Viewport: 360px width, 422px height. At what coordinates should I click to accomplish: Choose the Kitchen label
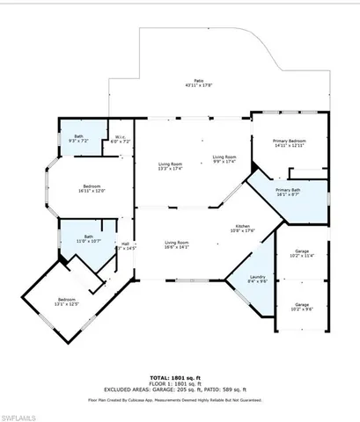coord(244,229)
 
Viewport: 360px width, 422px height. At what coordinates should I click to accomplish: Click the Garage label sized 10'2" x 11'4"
coord(302,255)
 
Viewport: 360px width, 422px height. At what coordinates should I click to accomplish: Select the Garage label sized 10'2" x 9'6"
coord(302,307)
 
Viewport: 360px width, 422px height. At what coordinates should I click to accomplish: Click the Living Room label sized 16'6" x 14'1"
coord(178,245)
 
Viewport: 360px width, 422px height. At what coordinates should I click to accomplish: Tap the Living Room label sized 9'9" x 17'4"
coord(224,159)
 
